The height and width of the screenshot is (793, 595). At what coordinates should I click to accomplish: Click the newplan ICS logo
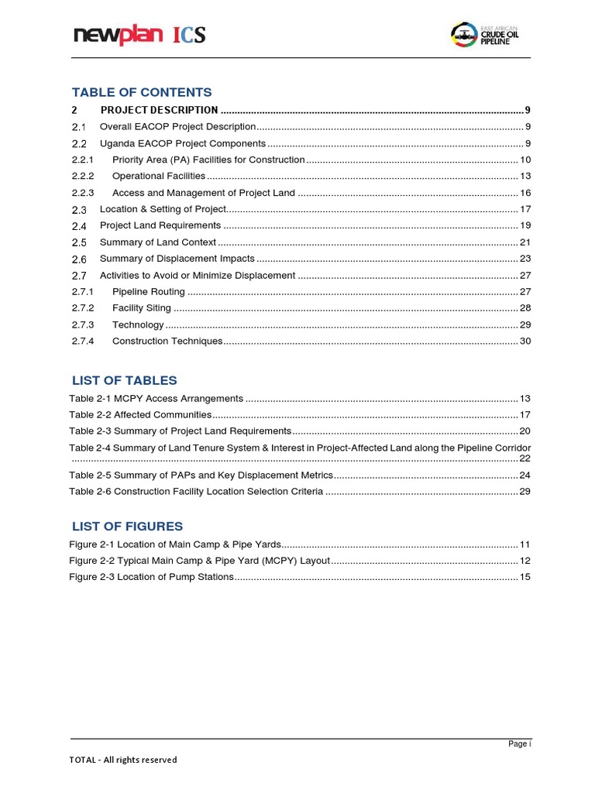coord(139,35)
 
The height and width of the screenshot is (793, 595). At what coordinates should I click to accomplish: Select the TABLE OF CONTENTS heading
coord(141,93)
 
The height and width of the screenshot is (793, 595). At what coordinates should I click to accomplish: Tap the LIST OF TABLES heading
coord(124,380)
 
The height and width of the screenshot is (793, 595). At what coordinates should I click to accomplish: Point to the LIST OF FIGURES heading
coord(127,527)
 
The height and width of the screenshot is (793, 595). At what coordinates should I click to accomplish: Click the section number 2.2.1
coord(83,160)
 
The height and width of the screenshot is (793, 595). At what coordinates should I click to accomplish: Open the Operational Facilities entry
coord(159,176)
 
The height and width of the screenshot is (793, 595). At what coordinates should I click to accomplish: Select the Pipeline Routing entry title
coord(149,292)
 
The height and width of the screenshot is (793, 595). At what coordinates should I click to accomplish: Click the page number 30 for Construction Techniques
coord(524,342)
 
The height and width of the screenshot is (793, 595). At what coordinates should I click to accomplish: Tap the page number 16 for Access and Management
coord(524,193)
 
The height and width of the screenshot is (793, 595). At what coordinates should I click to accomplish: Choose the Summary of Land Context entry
coord(158,242)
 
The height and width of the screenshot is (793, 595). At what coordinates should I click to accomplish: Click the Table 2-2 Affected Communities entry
coord(140,415)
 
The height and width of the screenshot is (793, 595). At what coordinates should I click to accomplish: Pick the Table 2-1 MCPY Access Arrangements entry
coord(156,398)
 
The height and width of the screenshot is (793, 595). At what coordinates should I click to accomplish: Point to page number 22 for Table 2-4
coord(524,458)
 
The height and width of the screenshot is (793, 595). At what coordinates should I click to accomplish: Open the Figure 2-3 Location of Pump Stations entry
coord(151,577)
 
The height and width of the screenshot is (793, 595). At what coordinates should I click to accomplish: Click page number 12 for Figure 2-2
coord(524,561)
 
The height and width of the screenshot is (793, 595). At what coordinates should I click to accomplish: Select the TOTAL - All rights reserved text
coord(123,760)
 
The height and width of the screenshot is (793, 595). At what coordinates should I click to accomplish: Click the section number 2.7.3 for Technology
coord(83,325)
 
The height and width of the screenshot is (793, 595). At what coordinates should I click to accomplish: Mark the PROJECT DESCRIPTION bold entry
coord(159,110)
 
